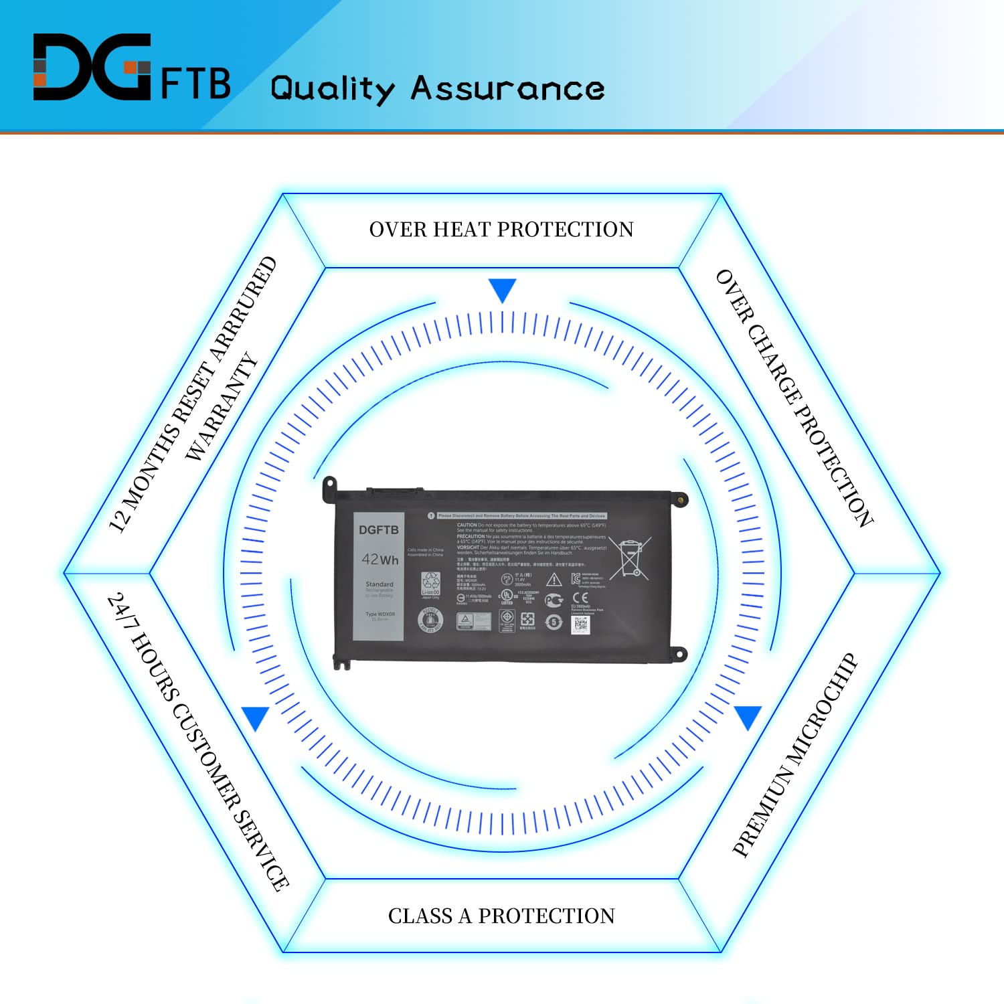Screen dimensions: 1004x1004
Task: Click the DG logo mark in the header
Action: (92, 67)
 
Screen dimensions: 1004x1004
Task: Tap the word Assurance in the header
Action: (507, 88)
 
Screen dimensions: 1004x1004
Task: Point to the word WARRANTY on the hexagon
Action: (222, 407)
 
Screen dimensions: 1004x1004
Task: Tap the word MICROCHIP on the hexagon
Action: (821, 709)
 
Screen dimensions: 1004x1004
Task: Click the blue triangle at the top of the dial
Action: (502, 289)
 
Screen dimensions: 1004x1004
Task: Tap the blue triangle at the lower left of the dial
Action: (256, 718)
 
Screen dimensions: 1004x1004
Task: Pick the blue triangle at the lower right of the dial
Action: (748, 716)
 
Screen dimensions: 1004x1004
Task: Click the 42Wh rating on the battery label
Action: (380, 559)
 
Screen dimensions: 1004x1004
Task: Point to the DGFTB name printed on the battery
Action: (378, 529)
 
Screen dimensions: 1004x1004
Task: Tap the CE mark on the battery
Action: (580, 598)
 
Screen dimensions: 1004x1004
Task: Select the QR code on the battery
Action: (580, 624)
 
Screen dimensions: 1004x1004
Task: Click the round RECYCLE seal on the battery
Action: (430, 620)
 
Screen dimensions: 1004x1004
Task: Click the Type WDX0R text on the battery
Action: (380, 614)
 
